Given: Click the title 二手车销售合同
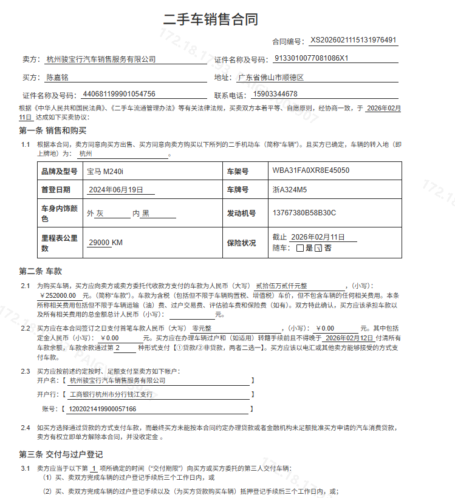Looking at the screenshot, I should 211,19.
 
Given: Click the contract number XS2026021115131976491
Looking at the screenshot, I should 354,41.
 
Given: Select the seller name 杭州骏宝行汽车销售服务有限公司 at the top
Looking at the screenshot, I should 101,59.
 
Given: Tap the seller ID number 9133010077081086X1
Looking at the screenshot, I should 312,59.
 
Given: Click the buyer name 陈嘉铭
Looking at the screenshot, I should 58,78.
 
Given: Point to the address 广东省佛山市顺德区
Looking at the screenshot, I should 270,78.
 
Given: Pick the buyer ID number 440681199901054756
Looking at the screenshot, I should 119,94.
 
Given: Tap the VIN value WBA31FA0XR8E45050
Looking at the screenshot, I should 311,171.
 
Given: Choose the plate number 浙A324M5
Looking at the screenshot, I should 290,190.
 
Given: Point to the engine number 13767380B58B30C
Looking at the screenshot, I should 304,214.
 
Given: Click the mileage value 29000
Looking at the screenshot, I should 99,243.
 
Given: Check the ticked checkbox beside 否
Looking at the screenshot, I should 318,248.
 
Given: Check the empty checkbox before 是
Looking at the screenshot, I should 299,248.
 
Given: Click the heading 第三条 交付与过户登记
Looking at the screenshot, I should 61,454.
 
